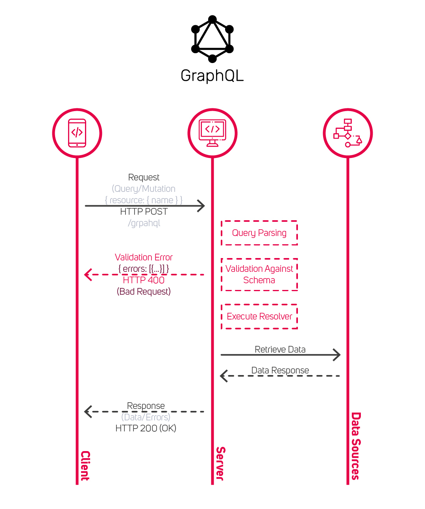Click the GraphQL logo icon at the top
[x=213, y=39]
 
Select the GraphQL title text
[x=212, y=76]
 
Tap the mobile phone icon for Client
[x=77, y=133]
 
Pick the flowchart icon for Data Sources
[x=348, y=133]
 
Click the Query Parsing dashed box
[x=259, y=233]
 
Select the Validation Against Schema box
[x=259, y=275]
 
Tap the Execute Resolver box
[x=259, y=316]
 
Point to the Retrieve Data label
[x=280, y=349]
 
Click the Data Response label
[x=280, y=370]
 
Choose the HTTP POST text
[x=144, y=212]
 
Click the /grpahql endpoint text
[x=144, y=223]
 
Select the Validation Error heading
[x=144, y=257]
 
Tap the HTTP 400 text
[x=144, y=280]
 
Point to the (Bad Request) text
[x=144, y=292]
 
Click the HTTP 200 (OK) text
[x=146, y=428]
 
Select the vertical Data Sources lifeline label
[x=356, y=446]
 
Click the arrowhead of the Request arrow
[x=201, y=206]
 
